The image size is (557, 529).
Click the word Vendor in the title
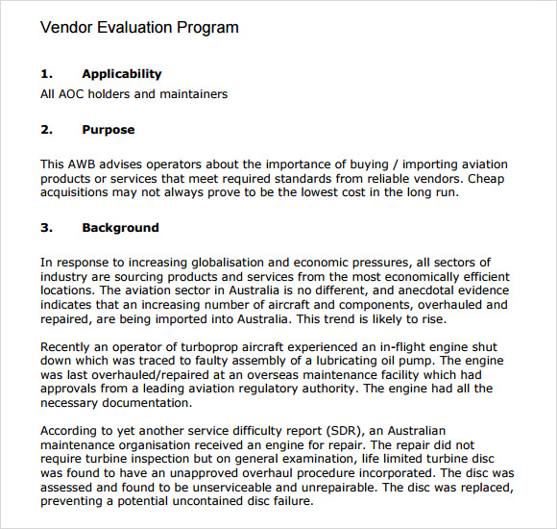click(x=67, y=27)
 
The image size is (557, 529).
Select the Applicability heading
click(x=122, y=74)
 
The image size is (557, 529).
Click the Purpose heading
click(x=109, y=130)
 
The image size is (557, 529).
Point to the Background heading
click(x=120, y=228)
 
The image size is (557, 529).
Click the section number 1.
click(x=46, y=74)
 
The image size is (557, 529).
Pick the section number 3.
click(x=46, y=228)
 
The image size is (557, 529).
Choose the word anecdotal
click(x=411, y=290)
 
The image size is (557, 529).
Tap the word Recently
click(x=68, y=347)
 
